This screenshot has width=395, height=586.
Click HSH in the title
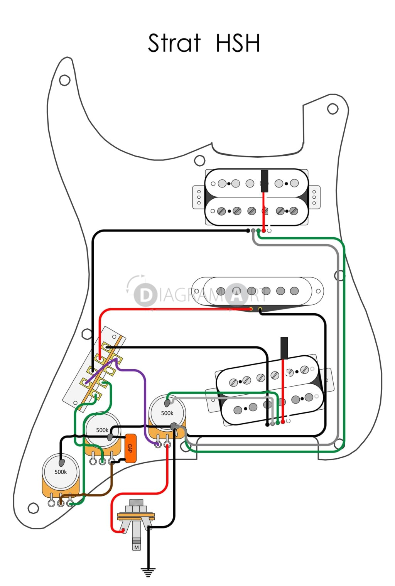(238, 43)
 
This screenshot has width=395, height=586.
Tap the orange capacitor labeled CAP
(130, 448)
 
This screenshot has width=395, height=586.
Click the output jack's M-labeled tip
(136, 547)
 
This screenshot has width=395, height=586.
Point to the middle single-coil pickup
(258, 291)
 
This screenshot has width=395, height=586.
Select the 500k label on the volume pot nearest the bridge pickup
(167, 413)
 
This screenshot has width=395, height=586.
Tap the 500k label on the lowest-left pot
(61, 472)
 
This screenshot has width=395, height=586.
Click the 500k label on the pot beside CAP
(102, 430)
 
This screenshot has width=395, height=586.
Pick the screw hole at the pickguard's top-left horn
(64, 80)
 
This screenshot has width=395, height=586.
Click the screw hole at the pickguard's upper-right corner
(333, 109)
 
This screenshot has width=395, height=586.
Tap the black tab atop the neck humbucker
(264, 181)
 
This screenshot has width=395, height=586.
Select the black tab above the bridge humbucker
(284, 347)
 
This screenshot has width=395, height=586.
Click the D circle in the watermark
(145, 296)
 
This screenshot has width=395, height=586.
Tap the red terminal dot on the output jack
(123, 531)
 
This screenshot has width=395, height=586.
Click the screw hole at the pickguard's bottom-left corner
(34, 508)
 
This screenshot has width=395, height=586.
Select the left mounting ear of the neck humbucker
(199, 197)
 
